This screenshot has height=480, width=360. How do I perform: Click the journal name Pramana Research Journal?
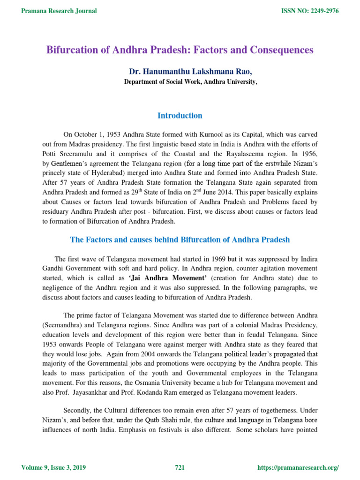tap(60, 11)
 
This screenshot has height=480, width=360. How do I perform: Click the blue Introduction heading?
tap(180, 115)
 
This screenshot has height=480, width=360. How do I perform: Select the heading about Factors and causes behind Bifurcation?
tap(180, 240)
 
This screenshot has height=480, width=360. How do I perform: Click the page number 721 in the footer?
tap(180, 468)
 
